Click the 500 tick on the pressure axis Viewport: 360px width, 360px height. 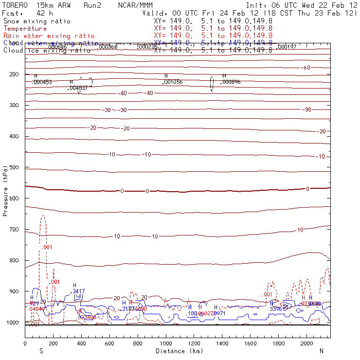(25, 167)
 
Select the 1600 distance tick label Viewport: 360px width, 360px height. (251, 343)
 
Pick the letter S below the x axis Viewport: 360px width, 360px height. (41, 351)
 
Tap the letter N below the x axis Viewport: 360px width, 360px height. (321, 351)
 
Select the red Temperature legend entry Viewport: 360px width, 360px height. (25, 29)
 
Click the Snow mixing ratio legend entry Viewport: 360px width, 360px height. (36, 21)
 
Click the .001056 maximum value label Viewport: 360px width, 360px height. (172, 82)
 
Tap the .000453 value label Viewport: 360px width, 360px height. (41, 82)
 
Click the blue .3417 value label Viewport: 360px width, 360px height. (78, 291)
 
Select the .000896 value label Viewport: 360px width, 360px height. (231, 82)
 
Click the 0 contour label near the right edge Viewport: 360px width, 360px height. (307, 189)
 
